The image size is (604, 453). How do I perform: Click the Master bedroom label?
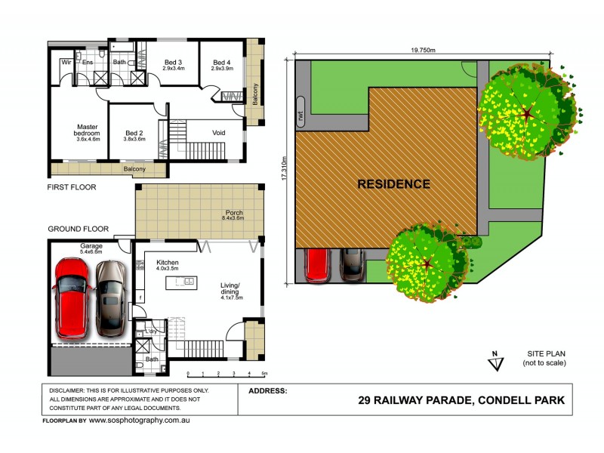88,133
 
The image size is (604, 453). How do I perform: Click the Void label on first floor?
218,133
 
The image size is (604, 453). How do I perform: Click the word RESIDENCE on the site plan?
393,183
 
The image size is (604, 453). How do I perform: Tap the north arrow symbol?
495,362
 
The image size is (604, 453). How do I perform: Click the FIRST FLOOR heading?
72,186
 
